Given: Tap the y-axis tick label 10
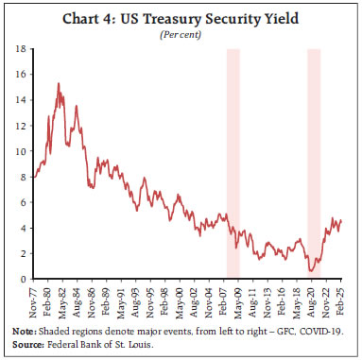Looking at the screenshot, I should [x=23, y=150].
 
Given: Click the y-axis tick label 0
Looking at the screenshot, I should [x=26, y=279].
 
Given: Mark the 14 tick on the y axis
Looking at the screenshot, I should [x=23, y=98].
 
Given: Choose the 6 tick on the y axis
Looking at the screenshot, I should [x=26, y=201].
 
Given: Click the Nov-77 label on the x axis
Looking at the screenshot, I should [x=36, y=300].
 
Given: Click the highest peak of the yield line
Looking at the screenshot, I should [x=59, y=84].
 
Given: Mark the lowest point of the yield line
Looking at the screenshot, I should [x=310, y=272].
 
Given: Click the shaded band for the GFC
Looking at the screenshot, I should [x=233, y=161].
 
